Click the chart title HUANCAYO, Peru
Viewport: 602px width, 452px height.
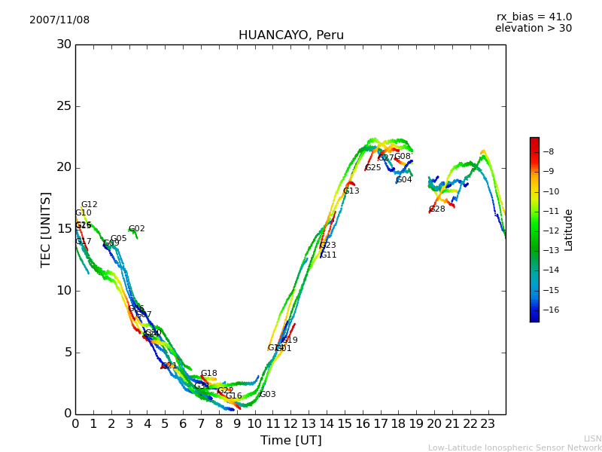click(290, 35)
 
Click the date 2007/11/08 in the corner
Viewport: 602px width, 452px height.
click(59, 20)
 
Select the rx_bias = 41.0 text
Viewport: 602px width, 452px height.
click(534, 17)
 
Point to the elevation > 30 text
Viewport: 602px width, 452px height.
click(533, 29)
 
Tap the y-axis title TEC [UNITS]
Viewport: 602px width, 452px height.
click(47, 229)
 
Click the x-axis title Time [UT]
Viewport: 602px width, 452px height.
click(290, 441)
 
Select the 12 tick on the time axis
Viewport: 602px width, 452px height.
click(290, 424)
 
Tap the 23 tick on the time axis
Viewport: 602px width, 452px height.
click(488, 424)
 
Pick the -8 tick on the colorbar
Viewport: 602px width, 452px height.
click(548, 151)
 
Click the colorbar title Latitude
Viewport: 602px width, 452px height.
click(569, 230)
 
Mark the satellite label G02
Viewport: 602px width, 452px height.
click(137, 229)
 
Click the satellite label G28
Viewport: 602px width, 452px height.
click(437, 209)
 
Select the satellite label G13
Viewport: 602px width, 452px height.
click(351, 191)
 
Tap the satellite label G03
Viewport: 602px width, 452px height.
click(268, 395)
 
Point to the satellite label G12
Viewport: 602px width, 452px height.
click(90, 205)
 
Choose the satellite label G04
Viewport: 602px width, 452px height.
click(404, 180)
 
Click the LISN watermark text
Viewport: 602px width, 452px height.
click(592, 438)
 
